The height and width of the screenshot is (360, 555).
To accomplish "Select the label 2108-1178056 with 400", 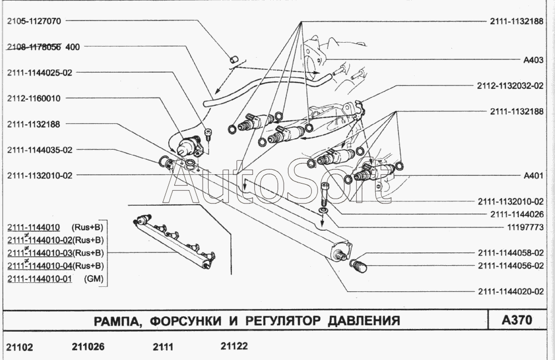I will pyautogui.click(x=43, y=47).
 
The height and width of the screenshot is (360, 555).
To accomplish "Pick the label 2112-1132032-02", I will pyautogui.click(x=509, y=86).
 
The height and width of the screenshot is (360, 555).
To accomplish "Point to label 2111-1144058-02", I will pyautogui.click(x=509, y=252).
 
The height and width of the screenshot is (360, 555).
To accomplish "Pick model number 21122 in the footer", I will pyautogui.click(x=234, y=346).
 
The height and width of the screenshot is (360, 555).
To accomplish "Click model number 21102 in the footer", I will pyautogui.click(x=20, y=347).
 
